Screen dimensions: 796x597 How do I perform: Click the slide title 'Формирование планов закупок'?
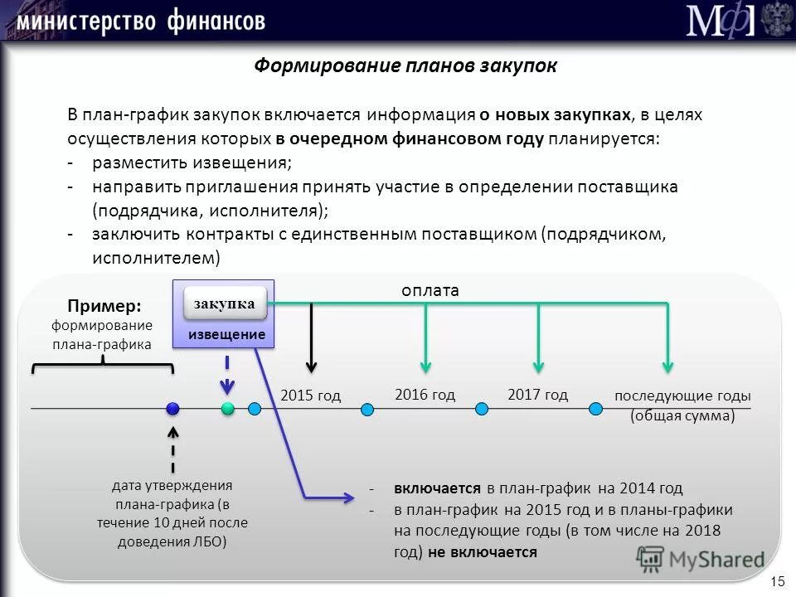coord(405,66)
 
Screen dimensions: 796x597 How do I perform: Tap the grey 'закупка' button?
coord(225,303)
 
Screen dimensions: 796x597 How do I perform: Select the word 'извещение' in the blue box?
coord(226,335)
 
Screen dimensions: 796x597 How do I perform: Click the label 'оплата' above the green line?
coord(430,290)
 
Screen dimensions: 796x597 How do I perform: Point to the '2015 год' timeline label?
coord(310,396)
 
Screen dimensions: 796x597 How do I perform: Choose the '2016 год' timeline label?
coord(425,395)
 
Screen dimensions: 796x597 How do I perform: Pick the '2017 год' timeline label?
coord(537,395)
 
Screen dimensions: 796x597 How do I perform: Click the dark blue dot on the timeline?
coord(172,408)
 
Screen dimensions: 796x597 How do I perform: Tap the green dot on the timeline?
coord(228,408)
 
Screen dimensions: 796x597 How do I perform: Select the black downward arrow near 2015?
coord(312,340)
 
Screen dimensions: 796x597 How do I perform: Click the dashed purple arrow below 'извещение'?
coord(228,375)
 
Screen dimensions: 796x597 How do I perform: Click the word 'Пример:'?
coord(99,307)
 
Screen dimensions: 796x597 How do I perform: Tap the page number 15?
coord(777,580)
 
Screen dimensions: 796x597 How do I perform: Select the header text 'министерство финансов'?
coord(141,21)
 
